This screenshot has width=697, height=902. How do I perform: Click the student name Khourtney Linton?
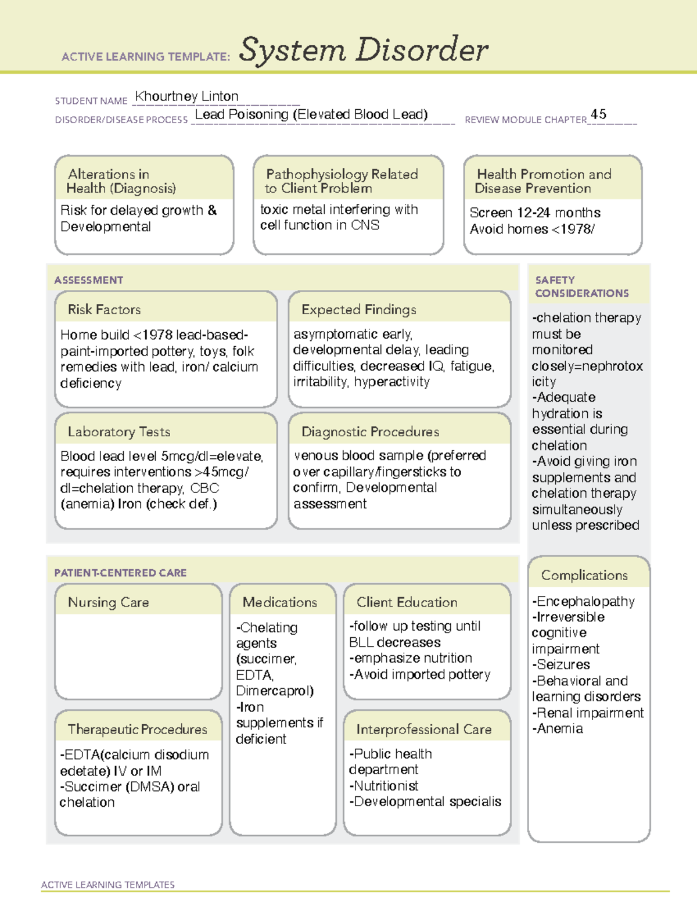(x=186, y=96)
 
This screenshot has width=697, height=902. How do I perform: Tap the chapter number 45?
(x=598, y=114)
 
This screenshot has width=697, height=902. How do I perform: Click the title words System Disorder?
(x=364, y=50)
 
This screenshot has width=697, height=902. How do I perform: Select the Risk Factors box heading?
(x=105, y=310)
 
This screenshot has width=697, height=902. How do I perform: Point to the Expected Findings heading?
(x=358, y=310)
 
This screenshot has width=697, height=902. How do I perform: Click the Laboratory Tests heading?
(x=119, y=432)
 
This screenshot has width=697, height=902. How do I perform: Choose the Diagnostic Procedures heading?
(x=370, y=432)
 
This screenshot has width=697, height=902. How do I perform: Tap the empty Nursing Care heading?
(x=109, y=602)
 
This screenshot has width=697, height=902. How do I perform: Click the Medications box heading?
(x=280, y=602)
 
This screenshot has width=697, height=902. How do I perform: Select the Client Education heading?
(x=407, y=602)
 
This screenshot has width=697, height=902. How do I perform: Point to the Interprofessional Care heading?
(x=423, y=729)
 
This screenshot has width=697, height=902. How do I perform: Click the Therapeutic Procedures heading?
(x=138, y=729)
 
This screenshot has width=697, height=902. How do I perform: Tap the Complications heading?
(x=584, y=575)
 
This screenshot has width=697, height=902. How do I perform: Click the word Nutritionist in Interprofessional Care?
(x=386, y=786)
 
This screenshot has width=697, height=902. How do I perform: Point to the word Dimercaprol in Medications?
(x=274, y=691)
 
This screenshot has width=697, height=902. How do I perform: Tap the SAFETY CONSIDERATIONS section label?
(x=581, y=286)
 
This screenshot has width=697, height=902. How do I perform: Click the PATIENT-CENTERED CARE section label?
(x=120, y=573)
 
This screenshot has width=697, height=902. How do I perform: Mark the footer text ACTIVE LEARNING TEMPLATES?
(x=107, y=885)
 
